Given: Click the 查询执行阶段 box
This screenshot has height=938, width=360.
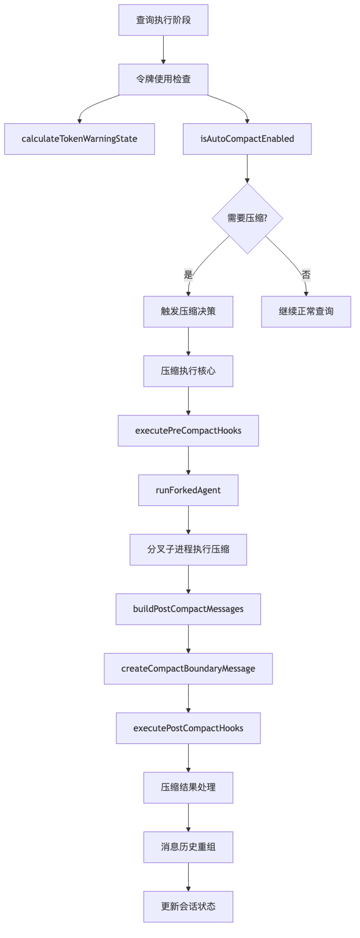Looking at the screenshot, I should click(x=163, y=20).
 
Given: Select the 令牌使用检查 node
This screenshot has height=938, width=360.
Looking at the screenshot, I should click(x=163, y=79).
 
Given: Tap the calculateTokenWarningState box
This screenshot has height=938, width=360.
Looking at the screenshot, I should click(x=79, y=139).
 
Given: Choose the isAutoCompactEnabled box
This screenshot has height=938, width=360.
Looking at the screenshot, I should click(x=247, y=139).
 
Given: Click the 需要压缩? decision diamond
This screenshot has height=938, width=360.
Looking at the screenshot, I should click(x=247, y=218).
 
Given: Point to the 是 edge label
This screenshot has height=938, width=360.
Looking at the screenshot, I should click(x=188, y=275).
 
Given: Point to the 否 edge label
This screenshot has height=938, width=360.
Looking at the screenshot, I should click(x=306, y=275).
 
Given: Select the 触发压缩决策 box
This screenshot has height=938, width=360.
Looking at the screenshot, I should click(x=188, y=312).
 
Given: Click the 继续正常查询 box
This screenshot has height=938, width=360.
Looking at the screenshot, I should click(x=306, y=312).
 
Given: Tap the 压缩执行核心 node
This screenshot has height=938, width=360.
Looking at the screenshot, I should click(x=188, y=371).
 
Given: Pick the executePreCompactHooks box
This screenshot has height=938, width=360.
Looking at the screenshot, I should click(x=188, y=431).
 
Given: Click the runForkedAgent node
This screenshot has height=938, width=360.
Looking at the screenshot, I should click(x=188, y=490).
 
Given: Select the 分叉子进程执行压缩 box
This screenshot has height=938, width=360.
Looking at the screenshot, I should click(x=188, y=549).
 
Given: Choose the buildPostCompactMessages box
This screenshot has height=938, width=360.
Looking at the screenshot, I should click(x=188, y=609).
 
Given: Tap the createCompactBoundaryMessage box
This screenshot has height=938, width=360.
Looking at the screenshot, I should click(x=188, y=669).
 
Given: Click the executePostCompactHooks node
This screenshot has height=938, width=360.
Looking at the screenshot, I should click(x=188, y=728).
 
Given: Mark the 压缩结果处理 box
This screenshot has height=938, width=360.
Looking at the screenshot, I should click(x=188, y=787).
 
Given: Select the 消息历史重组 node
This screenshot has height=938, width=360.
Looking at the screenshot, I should click(x=188, y=847).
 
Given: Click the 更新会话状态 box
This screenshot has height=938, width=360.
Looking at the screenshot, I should click(x=188, y=907).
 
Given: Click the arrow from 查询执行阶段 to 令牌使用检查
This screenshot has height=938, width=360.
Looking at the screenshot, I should click(x=163, y=50).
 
